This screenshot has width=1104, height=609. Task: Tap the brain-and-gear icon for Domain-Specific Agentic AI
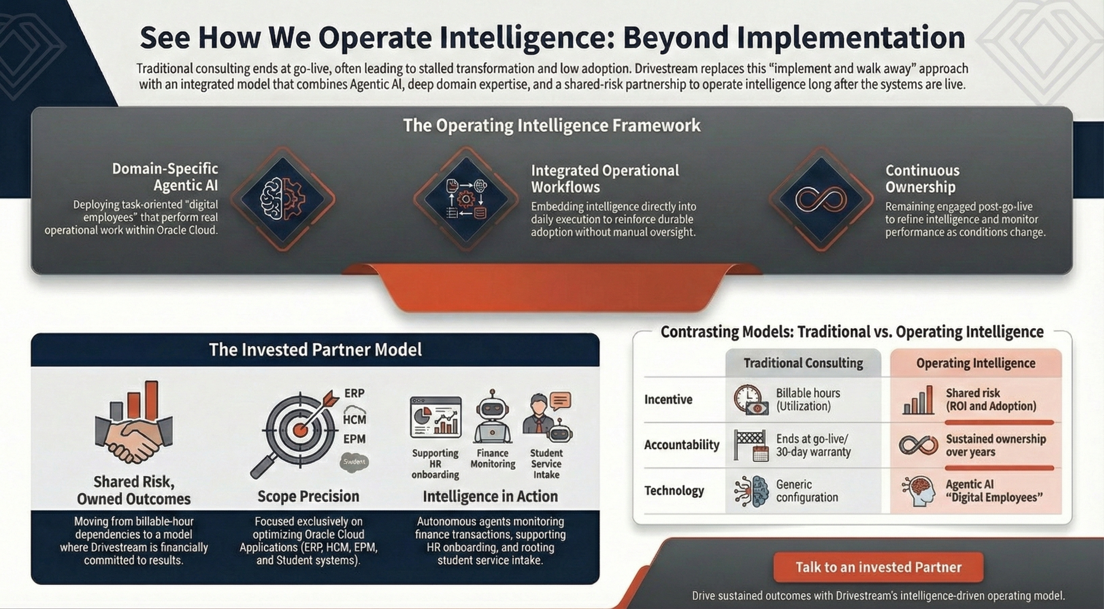pos(283,199)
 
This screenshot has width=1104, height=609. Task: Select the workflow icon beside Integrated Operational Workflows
pos(466,199)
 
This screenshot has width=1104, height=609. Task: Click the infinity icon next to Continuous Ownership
pos(821,199)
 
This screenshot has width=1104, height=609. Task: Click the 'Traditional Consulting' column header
pos(803,363)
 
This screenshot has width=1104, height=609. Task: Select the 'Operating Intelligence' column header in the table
pos(976,363)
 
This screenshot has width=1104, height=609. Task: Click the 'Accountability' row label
pos(681,445)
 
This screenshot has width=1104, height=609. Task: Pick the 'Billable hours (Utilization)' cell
pos(808,399)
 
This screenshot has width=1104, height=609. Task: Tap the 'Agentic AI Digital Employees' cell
pos(994,491)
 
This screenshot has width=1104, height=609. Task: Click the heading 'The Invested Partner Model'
pos(315,350)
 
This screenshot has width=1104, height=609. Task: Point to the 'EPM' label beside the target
pos(355,439)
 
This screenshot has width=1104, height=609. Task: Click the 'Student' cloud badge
pos(354,462)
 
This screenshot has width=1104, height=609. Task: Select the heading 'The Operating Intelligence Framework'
pos(552,126)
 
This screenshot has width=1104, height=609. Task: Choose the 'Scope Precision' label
pos(308,496)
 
